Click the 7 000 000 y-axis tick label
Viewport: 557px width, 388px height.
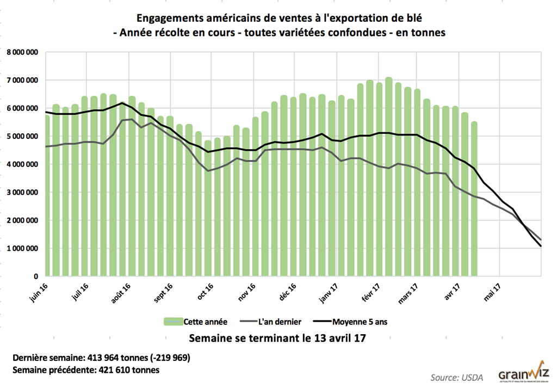point(22,81)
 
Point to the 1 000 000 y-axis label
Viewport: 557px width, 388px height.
point(22,249)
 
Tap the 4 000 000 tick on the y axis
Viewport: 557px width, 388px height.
point(22,164)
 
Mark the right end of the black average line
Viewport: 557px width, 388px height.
point(541,247)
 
